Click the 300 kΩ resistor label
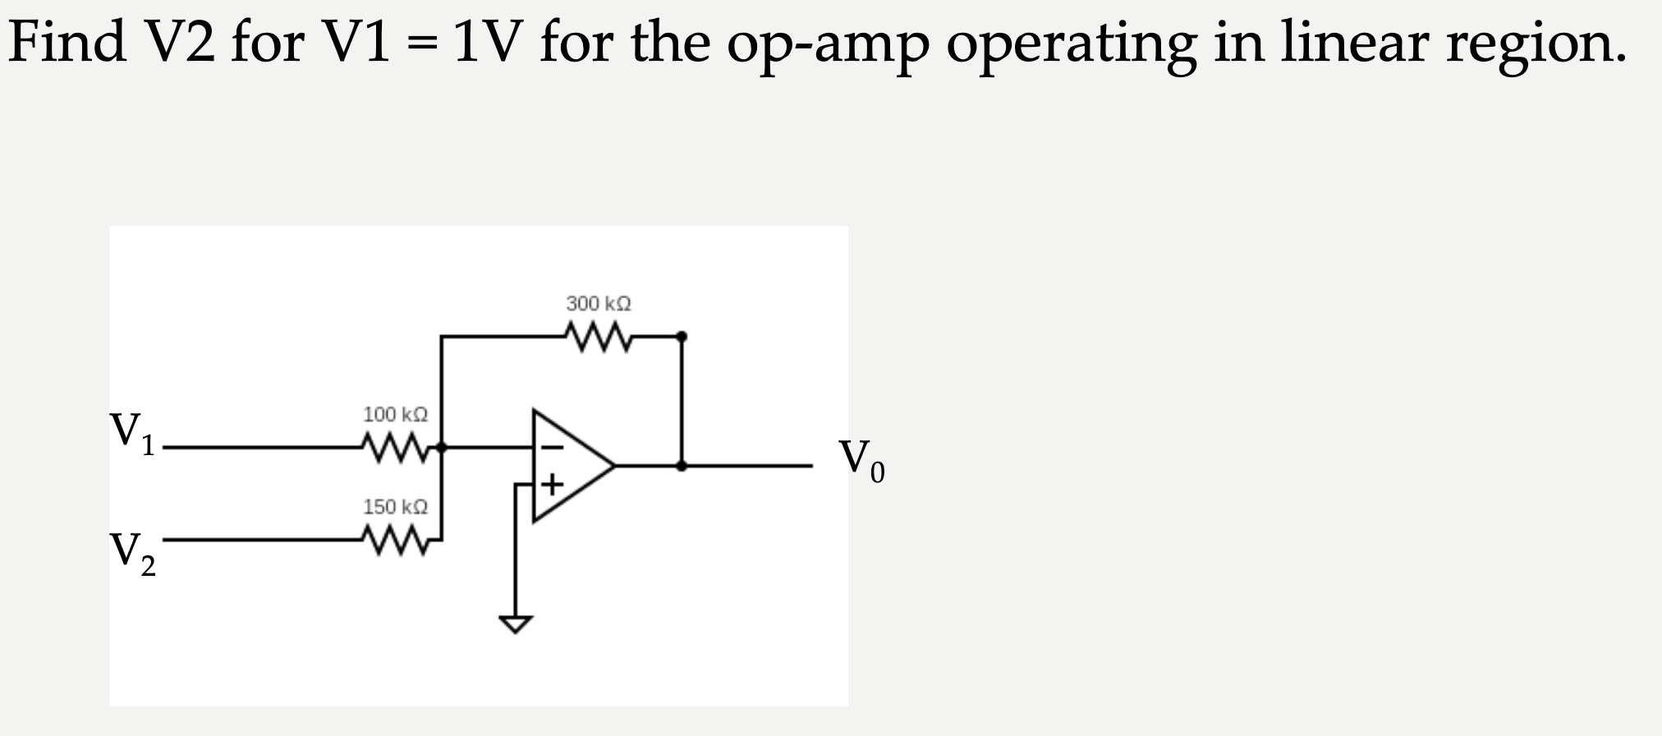599,304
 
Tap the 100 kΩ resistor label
395,414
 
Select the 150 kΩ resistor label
395,507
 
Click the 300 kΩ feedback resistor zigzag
599,337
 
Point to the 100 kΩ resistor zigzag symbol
395,448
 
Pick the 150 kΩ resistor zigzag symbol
395,541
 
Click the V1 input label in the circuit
131,433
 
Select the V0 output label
861,461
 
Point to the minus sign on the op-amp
553,448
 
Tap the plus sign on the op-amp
553,484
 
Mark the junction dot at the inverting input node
442,448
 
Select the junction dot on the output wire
682,466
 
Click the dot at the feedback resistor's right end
682,337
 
